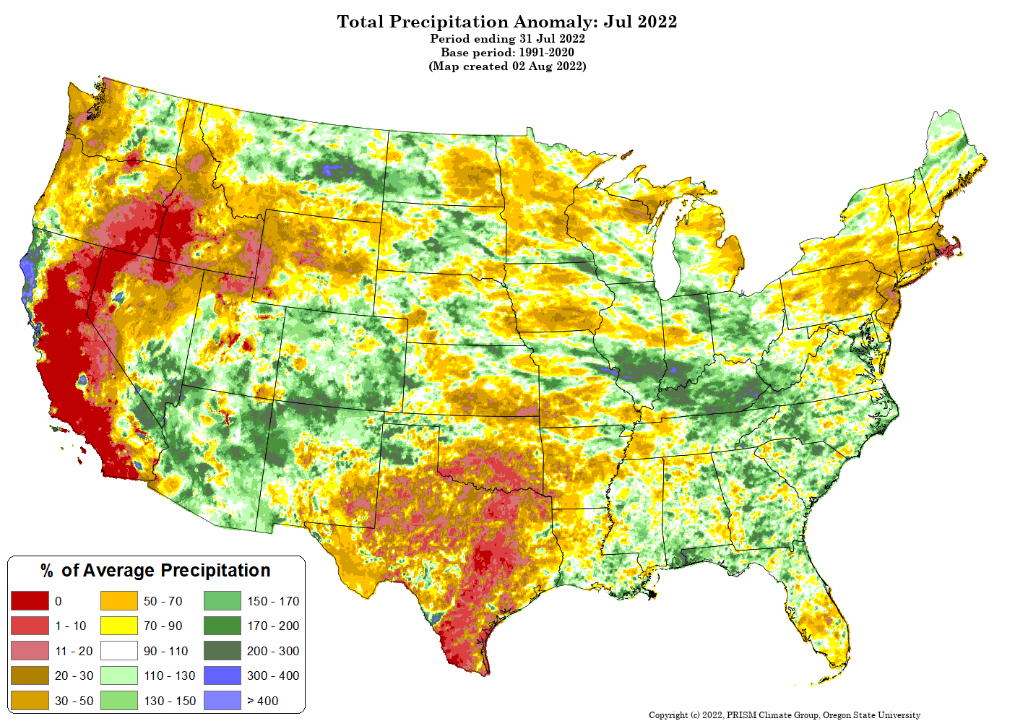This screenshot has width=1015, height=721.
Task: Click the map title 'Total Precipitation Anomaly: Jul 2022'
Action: coord(507,22)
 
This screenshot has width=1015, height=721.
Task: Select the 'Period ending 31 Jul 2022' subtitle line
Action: coord(507,39)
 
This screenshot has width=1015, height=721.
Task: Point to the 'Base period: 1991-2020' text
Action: coord(507,53)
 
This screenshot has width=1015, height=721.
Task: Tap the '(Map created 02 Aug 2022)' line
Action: coord(507,66)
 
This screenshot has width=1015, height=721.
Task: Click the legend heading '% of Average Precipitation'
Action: coord(155,571)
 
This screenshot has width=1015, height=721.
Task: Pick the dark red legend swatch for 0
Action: coord(30,601)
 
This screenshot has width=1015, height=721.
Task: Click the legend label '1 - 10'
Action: coord(71,626)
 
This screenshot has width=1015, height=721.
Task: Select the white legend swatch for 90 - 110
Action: coord(119,651)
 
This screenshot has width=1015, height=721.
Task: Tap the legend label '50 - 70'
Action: coord(163,601)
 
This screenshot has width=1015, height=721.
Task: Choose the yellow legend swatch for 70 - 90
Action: coord(119,626)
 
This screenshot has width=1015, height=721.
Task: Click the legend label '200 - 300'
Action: coord(273,651)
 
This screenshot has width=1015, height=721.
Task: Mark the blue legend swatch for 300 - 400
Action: coord(223,675)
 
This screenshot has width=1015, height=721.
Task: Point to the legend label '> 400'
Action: coord(263,701)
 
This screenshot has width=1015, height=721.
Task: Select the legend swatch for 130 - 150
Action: coord(119,700)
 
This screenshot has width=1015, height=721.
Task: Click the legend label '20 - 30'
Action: coord(74,675)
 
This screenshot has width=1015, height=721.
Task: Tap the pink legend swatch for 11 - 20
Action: coord(30,651)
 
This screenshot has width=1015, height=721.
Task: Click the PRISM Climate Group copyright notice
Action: coord(785,714)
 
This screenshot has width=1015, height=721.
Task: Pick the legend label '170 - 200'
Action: coord(273,626)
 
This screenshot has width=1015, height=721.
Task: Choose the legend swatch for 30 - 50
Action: coord(30,700)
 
